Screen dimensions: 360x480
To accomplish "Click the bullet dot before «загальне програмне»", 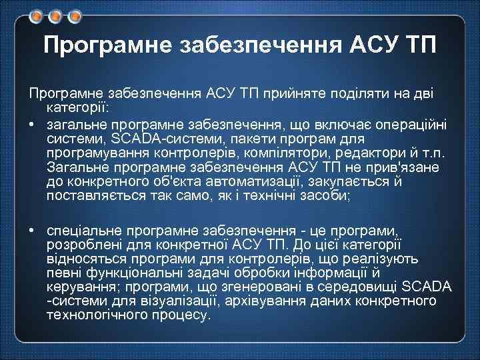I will (31, 125).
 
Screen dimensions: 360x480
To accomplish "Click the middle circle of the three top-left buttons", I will (54, 14).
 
